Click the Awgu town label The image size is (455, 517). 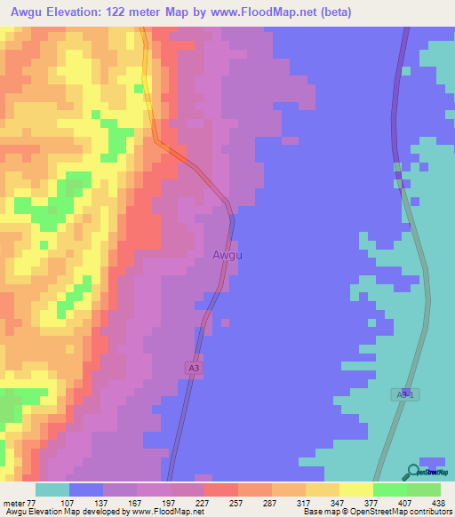tap(227, 255)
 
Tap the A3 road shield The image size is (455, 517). tap(195, 367)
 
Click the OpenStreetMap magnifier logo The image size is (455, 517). tap(413, 472)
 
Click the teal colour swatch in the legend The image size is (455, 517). tap(52, 489)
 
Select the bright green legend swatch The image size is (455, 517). tap(389, 489)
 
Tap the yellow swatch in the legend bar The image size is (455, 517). tap(355, 489)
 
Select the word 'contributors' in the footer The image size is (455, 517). tap(430, 512)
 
